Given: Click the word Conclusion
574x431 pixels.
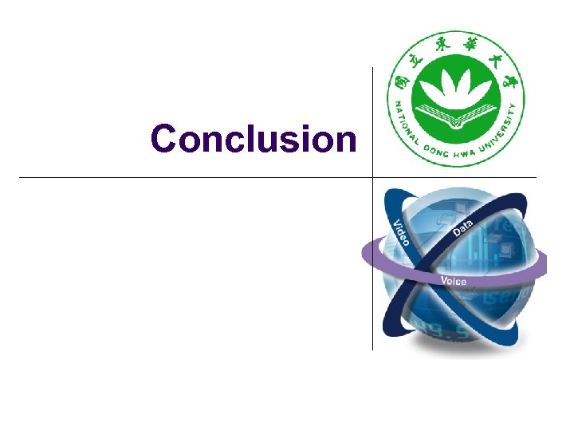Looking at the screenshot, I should [x=254, y=138].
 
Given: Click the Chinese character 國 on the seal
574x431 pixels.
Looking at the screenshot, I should [x=399, y=81].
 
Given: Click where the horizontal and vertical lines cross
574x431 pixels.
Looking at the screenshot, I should [x=372, y=177].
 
